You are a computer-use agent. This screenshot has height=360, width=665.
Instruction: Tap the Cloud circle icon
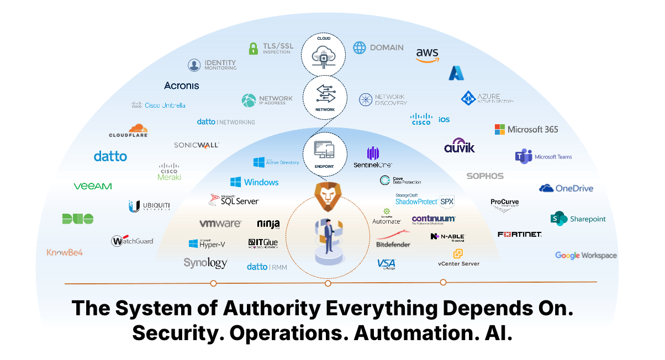click(323, 52)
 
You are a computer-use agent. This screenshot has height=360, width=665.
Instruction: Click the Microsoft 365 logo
click(526, 129)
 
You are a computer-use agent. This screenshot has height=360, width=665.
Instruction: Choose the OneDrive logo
click(566, 188)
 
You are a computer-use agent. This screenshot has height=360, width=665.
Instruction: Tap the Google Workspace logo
click(585, 255)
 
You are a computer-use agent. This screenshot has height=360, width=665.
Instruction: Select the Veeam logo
click(93, 187)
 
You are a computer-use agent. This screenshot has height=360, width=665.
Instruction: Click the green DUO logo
click(78, 219)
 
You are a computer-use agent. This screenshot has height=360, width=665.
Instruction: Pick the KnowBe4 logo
click(65, 252)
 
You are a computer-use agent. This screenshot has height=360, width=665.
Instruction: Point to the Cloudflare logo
click(129, 131)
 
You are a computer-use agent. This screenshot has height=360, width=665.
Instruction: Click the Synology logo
click(205, 263)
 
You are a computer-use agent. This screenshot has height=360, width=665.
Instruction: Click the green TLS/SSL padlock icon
click(254, 49)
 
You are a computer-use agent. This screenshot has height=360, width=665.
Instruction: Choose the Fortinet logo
click(519, 234)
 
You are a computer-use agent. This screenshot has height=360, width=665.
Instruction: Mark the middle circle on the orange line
click(328, 283)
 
